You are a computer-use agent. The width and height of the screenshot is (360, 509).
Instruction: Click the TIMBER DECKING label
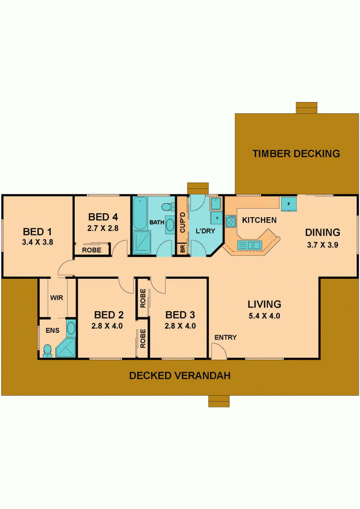[x=296, y=153]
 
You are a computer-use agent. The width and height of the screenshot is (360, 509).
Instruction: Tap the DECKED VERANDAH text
[x=180, y=375]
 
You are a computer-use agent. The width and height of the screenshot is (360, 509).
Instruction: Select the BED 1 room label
[x=37, y=232]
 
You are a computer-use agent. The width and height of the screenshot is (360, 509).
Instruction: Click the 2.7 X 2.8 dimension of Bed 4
[x=103, y=228]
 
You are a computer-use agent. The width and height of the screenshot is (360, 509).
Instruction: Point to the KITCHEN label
[x=259, y=220]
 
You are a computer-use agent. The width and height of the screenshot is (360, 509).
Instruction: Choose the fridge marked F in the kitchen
[x=288, y=204]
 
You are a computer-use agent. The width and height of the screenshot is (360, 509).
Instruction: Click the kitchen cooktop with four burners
[x=231, y=221]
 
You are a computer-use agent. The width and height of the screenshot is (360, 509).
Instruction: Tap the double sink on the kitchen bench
[x=249, y=245]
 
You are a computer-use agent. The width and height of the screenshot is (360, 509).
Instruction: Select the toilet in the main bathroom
[x=168, y=206]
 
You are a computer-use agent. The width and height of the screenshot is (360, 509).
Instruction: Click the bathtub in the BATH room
[x=140, y=213]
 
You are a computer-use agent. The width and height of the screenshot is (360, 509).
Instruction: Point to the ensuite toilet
[x=47, y=351]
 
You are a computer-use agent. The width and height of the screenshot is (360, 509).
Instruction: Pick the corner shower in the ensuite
[x=66, y=348]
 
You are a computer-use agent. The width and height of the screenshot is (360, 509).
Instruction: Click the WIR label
[x=57, y=298]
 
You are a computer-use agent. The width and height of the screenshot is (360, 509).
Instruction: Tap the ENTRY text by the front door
[x=225, y=338]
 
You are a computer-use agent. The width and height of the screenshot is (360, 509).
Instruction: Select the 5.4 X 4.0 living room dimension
[x=264, y=316]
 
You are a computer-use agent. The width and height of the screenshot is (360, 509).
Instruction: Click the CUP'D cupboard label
[x=182, y=223]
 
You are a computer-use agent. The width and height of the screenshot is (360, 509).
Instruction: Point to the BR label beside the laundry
[x=182, y=249]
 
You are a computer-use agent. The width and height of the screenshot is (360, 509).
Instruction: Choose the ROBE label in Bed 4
[x=92, y=250]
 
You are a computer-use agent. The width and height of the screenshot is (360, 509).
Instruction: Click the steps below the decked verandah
[x=219, y=401]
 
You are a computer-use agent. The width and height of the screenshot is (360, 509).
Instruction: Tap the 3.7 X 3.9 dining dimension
[x=322, y=245]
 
